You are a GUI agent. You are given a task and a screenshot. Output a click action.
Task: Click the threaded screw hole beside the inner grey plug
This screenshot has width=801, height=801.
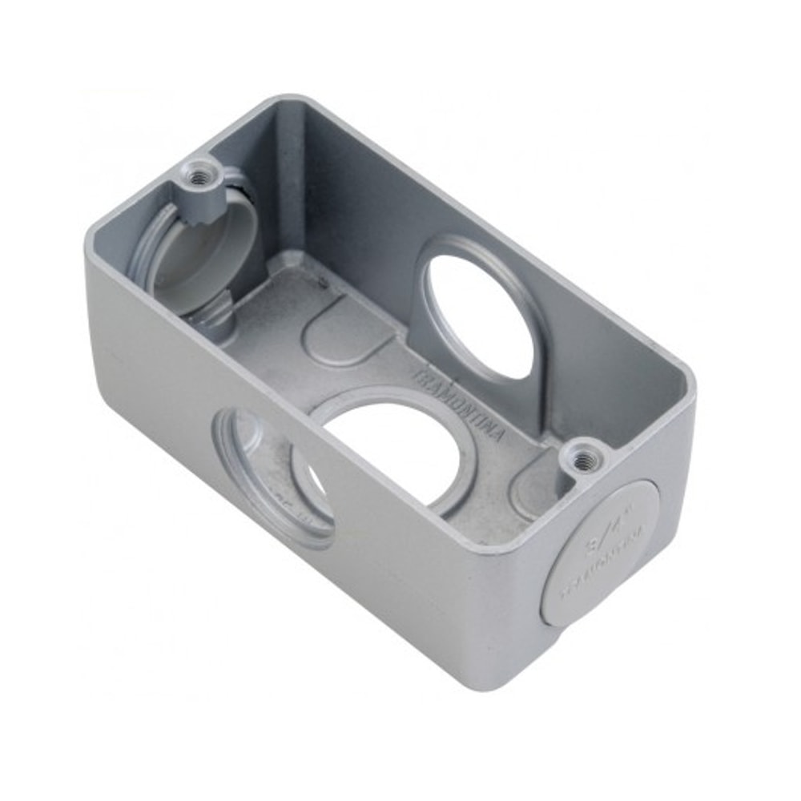(195, 172)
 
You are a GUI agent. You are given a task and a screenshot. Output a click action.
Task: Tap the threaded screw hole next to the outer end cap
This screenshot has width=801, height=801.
(586, 458)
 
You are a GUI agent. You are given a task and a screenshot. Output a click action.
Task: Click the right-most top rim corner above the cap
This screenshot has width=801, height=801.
(690, 392)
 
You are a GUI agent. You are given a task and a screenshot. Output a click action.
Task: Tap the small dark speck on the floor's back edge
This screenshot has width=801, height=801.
(324, 281)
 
